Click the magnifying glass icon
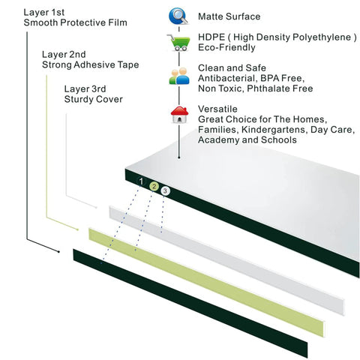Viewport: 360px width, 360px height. [178, 16]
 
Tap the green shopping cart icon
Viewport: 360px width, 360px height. [178, 43]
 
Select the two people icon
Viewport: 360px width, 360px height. [179, 76]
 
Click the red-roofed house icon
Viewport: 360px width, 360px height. [179, 115]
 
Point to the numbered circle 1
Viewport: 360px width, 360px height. [141, 181]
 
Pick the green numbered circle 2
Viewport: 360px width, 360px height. [154, 187]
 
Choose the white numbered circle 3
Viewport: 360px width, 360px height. [165, 191]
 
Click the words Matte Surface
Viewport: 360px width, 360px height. [229, 16]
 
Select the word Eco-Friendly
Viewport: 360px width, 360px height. [226, 47]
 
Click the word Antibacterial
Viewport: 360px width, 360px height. [227, 78]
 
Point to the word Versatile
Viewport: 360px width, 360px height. [217, 109]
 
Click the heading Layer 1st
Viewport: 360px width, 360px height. [44, 13]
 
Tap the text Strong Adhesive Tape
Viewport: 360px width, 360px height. [91, 64]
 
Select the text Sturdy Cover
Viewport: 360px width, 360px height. [94, 99]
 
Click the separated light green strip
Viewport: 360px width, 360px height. [206, 282]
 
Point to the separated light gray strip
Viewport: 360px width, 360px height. [226, 260]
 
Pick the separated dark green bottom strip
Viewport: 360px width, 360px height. [190, 303]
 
